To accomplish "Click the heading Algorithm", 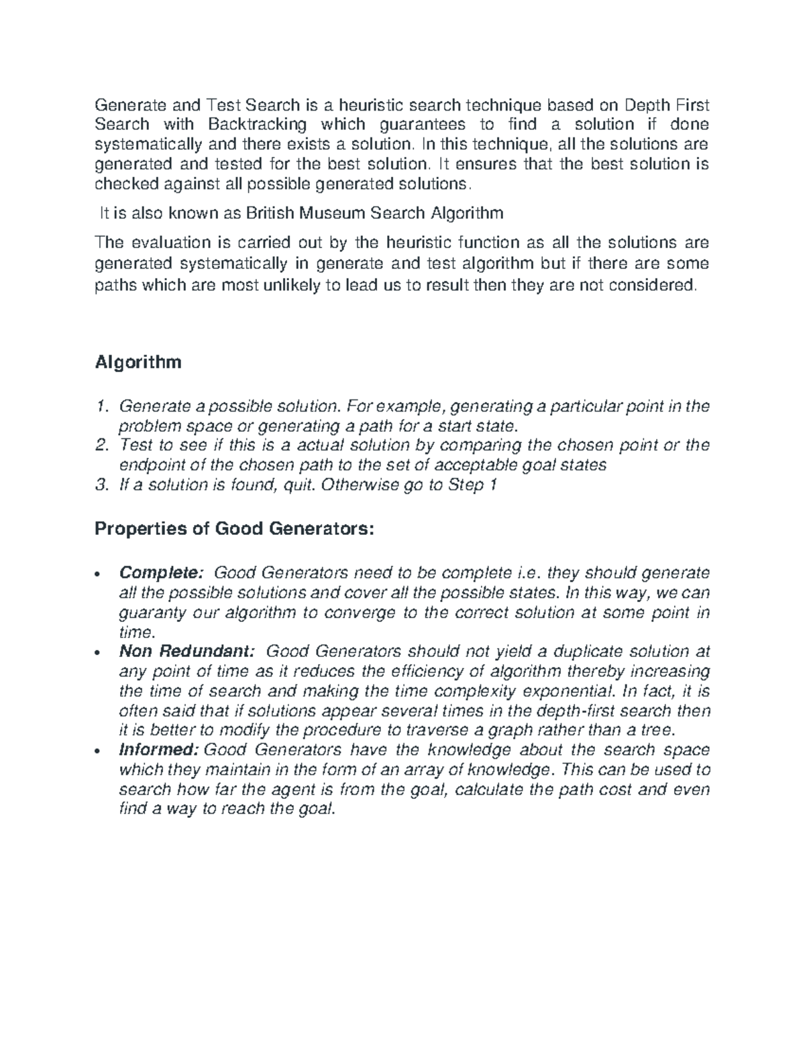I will click(138, 363).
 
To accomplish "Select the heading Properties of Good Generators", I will click(233, 529).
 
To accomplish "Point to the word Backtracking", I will click(257, 124).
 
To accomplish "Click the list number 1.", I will click(101, 407).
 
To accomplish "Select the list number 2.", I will click(101, 446).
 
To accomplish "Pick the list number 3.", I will click(101, 485).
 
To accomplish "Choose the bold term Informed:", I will click(158, 750).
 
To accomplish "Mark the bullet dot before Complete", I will click(99, 574).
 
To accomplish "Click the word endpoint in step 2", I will click(150, 465).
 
